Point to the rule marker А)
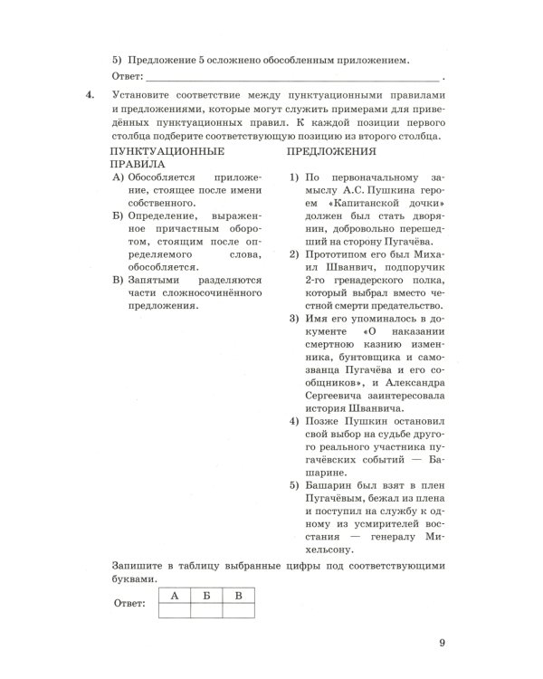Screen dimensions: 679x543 (118, 179)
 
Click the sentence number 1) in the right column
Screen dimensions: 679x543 (294, 179)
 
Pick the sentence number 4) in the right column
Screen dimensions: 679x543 (294, 423)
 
